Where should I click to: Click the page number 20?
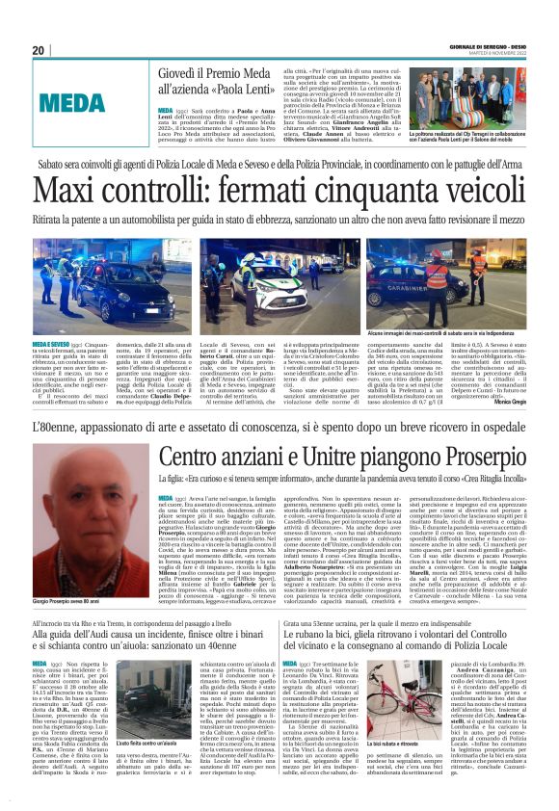(39, 50)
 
